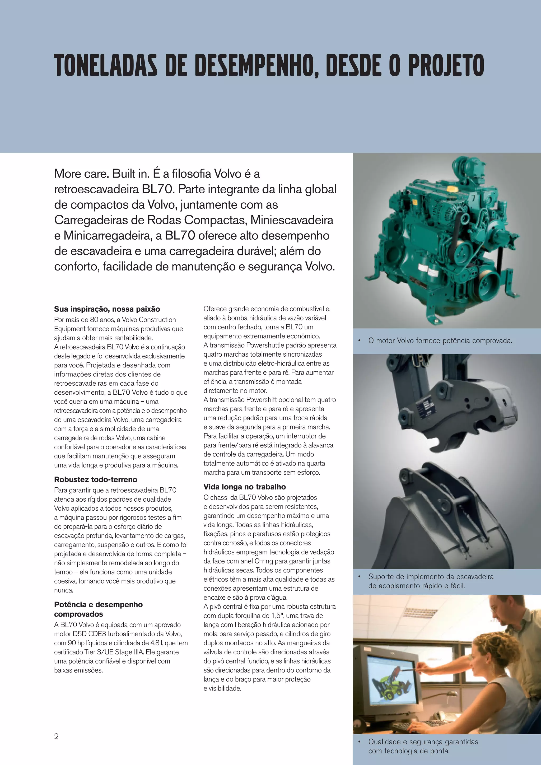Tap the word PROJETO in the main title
(446, 65)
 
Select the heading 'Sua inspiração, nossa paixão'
(107, 309)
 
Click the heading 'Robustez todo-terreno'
(96, 479)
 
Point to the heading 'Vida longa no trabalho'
(245, 487)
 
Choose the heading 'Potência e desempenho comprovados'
(98, 609)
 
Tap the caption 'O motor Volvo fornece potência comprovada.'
(440, 340)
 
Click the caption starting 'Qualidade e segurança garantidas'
(423, 746)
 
